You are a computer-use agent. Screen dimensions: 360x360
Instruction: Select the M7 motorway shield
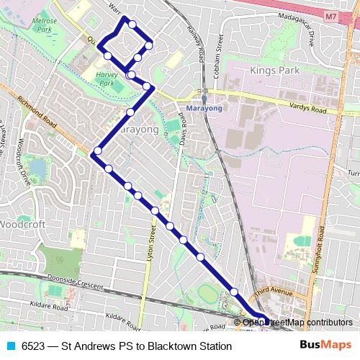330,15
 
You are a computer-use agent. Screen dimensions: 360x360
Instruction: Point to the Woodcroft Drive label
24,161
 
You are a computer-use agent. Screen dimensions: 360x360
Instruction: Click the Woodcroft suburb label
22,225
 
